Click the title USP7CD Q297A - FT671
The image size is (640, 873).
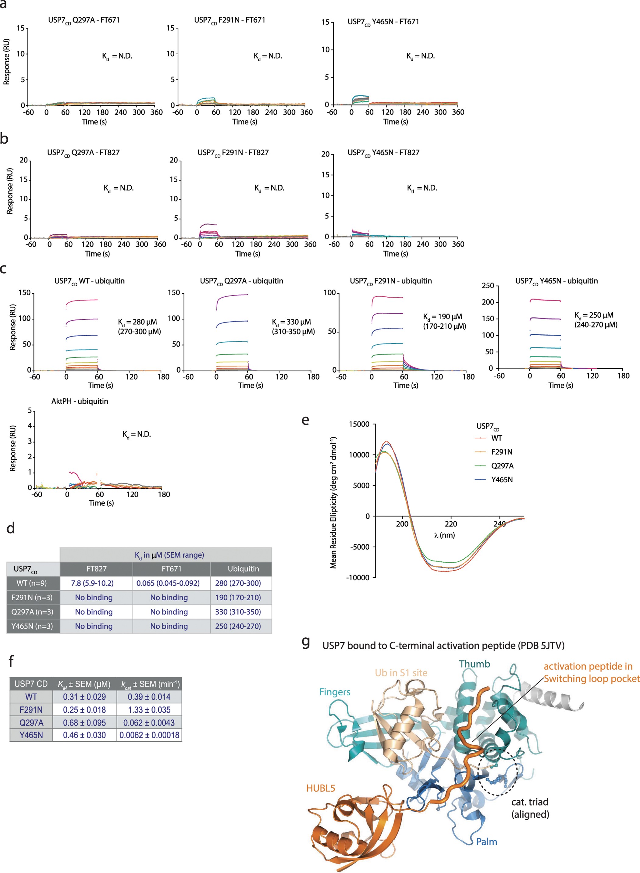tap(84, 20)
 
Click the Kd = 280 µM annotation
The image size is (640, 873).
tap(137, 322)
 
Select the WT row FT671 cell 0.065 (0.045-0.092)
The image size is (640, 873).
tap(168, 583)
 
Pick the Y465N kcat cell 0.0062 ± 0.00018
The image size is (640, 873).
tap(149, 735)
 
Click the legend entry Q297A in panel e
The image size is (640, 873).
tap(502, 466)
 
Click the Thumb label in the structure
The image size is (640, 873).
tap(475, 664)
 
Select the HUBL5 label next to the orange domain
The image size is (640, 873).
tap(320, 789)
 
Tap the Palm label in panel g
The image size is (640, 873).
tap(486, 842)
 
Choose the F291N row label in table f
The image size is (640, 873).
tap(31, 710)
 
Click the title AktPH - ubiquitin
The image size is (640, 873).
tap(80, 401)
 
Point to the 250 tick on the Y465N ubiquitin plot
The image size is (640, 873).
tap(488, 286)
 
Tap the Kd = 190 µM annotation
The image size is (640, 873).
tap(443, 317)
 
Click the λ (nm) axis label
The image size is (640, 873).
tap(444, 535)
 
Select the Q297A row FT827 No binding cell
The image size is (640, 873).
tap(94, 612)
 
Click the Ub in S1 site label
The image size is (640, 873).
tap(401, 673)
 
